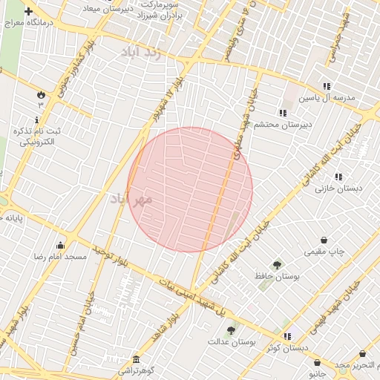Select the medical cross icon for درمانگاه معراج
point(28,12)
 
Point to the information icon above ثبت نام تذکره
point(37,119)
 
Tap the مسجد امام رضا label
point(59,257)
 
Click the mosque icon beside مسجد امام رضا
point(59,245)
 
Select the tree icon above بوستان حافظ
point(277,263)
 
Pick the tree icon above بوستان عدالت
point(231,330)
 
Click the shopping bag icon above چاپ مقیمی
point(324,240)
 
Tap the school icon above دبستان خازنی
point(338,177)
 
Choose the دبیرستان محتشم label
point(283,125)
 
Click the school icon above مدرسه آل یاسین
point(327,86)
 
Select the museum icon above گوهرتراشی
point(135,357)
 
